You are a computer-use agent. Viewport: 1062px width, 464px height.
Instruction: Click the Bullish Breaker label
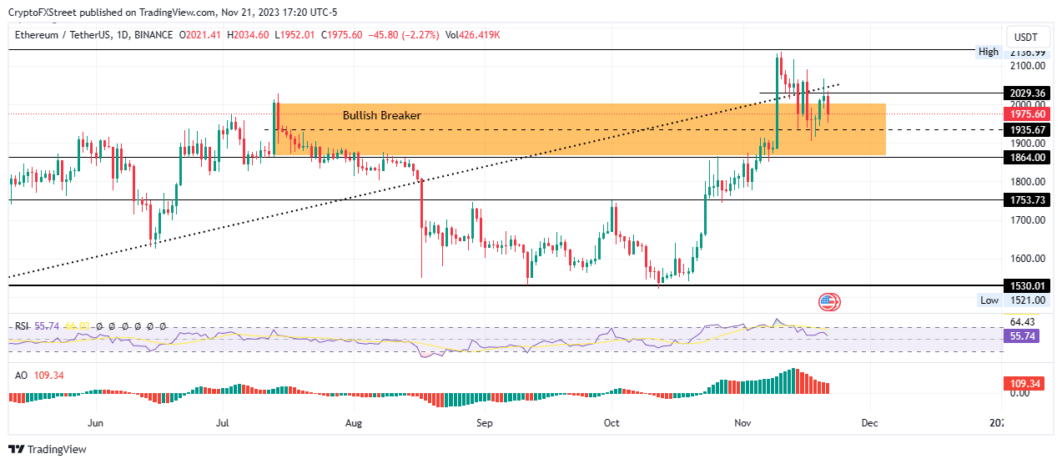coord(381,115)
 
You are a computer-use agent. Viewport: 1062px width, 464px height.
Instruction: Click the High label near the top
coord(988,52)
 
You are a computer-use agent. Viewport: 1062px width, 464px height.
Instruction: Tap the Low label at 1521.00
coord(988,300)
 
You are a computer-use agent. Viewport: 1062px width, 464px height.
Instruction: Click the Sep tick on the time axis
coord(484,423)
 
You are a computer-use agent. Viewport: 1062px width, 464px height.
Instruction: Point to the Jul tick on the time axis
coord(223,423)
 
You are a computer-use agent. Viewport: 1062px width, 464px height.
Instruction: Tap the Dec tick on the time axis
coord(869,423)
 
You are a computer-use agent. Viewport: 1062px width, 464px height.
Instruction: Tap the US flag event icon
coord(829,302)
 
